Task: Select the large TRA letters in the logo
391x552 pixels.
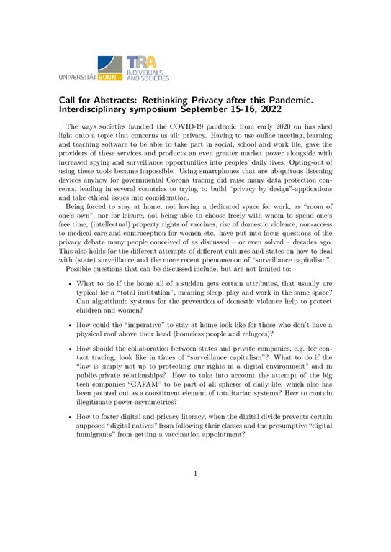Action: point(140,62)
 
